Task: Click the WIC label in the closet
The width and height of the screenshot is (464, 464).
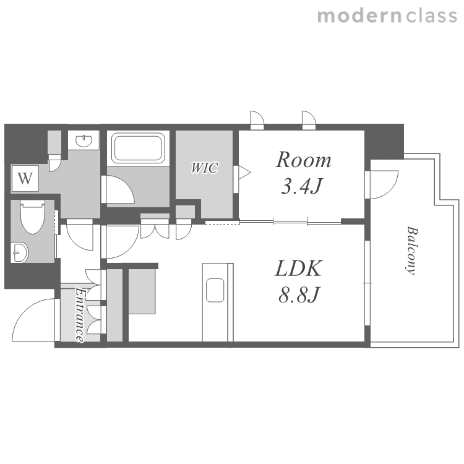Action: click(205, 168)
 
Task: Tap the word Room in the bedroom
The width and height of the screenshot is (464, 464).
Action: click(304, 160)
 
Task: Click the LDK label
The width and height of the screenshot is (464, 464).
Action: click(299, 269)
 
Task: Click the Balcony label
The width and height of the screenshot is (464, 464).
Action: click(411, 251)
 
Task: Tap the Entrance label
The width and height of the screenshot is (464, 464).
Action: click(79, 315)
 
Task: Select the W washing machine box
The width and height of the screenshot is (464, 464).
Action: click(25, 178)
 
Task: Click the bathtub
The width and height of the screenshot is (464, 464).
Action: click(138, 148)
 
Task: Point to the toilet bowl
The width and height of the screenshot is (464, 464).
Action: click(33, 217)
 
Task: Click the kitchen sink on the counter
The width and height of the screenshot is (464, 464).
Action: click(215, 290)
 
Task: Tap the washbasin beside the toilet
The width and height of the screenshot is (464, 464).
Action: click(20, 252)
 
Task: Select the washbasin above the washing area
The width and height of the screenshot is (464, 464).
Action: click(84, 140)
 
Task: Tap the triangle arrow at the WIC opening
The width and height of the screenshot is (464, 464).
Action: click(246, 172)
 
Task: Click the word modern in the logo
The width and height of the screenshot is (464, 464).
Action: click(359, 15)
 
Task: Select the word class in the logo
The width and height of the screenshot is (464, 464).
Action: click(431, 15)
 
